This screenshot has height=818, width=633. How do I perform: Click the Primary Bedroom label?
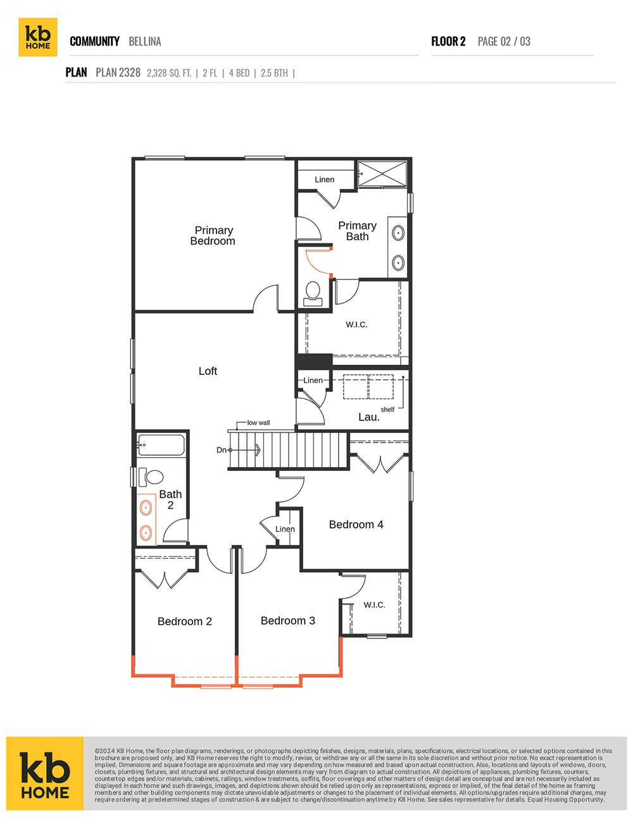(x=213, y=236)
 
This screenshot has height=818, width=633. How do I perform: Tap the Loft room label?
(x=208, y=371)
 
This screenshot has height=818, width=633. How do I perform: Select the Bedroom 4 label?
(x=356, y=525)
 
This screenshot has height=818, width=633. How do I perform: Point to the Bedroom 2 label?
(x=185, y=621)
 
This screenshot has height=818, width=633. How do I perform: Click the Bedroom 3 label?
(x=288, y=620)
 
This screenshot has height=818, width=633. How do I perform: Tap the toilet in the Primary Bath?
(x=313, y=295)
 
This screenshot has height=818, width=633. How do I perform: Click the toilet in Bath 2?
(x=151, y=477)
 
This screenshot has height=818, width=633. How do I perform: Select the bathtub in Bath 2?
(x=161, y=445)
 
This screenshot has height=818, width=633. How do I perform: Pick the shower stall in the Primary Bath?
(x=382, y=174)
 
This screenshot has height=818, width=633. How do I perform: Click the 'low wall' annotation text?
(x=258, y=423)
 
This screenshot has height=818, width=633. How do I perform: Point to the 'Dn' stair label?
(x=221, y=450)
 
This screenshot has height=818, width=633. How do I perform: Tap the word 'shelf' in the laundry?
(x=387, y=410)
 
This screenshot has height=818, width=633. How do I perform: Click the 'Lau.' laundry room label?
(x=369, y=417)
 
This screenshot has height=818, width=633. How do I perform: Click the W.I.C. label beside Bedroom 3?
(x=374, y=605)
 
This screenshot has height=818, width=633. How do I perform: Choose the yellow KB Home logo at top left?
(x=38, y=37)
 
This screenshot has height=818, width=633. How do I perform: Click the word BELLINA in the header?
(x=145, y=42)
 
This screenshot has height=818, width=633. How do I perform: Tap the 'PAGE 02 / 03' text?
(x=504, y=42)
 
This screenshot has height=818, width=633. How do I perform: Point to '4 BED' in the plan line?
(x=239, y=73)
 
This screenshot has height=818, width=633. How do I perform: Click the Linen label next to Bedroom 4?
(x=285, y=529)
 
